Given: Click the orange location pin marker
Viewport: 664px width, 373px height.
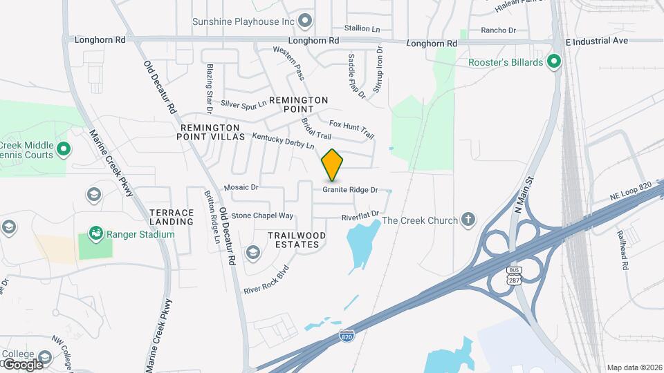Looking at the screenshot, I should pos(332,164).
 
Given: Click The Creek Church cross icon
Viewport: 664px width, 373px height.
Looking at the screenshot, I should pos(468,220).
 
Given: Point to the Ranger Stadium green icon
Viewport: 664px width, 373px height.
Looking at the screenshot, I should pos(95,234).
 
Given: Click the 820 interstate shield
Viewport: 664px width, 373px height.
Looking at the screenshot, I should pos(347,336).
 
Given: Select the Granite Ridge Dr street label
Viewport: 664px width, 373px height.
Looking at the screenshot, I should pos(350,189).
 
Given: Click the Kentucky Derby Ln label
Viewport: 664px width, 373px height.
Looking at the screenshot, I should pos(283,142).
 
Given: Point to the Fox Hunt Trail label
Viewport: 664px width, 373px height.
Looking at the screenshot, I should pos(351,128).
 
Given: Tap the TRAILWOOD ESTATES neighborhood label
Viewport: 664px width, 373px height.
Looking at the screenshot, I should pos(297,240).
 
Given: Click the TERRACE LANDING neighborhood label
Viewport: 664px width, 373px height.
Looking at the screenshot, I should pos(172,217).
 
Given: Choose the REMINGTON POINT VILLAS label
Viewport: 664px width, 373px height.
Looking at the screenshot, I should pos(213,133).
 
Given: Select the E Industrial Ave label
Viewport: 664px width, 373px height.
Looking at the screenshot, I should pos(596,41).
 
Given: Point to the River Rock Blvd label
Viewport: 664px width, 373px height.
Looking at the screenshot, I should pos(266,278).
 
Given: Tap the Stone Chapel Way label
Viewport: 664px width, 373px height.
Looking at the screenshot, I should pos(262,216).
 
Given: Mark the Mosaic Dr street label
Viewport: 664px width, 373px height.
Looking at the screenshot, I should pos(241,187).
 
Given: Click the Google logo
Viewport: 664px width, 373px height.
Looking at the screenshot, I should pos(22,364).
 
